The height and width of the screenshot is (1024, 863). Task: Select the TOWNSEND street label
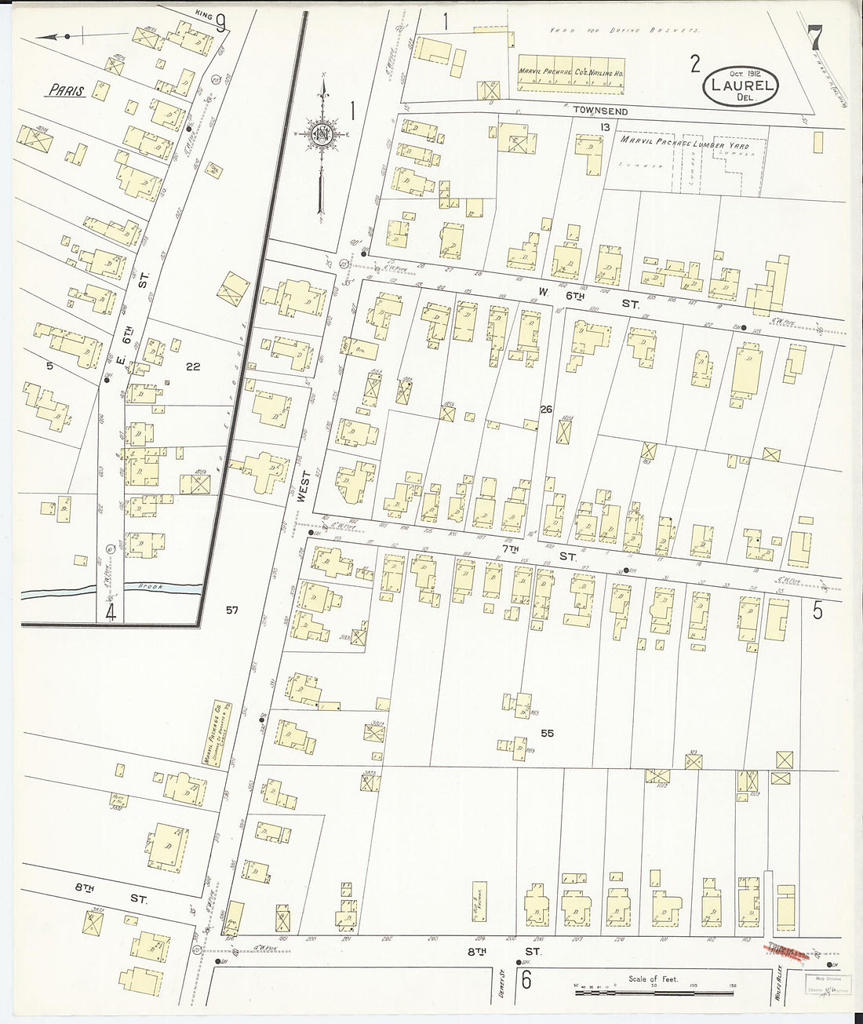tap(600, 112)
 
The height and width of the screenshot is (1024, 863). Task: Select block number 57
tap(231, 610)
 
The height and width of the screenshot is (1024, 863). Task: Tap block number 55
tap(547, 733)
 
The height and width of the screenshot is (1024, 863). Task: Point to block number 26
tap(546, 409)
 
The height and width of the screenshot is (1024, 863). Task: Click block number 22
tap(194, 366)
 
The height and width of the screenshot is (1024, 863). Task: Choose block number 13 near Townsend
tap(604, 127)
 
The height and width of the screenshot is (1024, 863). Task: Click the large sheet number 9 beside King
tap(220, 24)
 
